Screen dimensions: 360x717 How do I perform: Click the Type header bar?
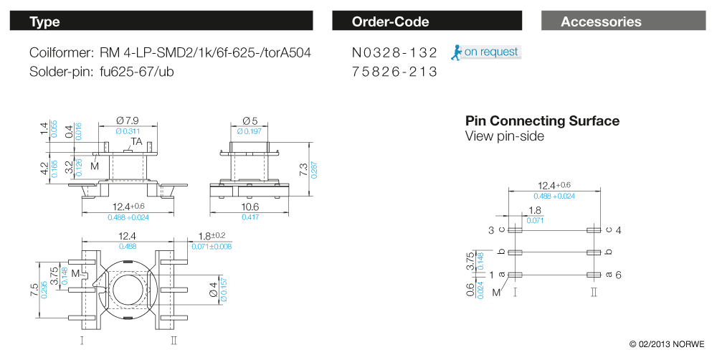click(161, 22)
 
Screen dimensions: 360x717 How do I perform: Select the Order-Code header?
click(430, 22)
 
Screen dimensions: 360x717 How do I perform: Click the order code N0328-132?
click(394, 53)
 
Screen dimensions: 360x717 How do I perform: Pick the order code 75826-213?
click(394, 72)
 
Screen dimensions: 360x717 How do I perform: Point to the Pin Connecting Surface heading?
click(542, 121)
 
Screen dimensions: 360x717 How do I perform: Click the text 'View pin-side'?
click(504, 136)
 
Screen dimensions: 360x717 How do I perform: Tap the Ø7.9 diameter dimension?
click(127, 120)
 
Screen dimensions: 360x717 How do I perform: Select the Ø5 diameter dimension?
click(250, 120)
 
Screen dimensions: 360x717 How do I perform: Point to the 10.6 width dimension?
click(250, 207)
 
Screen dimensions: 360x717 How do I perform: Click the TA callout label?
click(136, 141)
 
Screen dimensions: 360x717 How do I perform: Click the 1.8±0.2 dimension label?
click(206, 236)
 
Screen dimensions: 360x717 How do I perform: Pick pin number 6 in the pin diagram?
click(617, 275)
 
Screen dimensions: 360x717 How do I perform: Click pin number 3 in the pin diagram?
click(492, 230)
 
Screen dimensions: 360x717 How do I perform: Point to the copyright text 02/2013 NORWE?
click(667, 344)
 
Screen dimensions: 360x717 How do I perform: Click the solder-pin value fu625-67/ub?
click(138, 72)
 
